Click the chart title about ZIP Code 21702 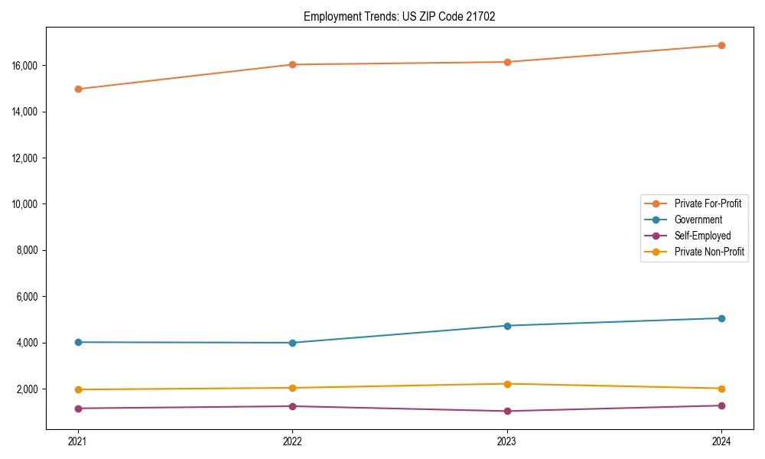[399, 16]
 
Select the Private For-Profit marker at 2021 [78, 89]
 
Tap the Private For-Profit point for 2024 [721, 45]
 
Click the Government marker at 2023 [507, 326]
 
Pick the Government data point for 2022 [292, 343]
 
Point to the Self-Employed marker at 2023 [507, 411]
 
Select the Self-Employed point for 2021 [78, 409]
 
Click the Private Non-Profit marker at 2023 [507, 384]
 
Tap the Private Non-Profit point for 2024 [721, 389]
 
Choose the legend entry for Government [698, 220]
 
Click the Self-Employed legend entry [702, 236]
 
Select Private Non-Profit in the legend [709, 252]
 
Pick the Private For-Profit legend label [708, 203]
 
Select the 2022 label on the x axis [292, 441]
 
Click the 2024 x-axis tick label [721, 441]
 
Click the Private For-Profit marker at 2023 [507, 62]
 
